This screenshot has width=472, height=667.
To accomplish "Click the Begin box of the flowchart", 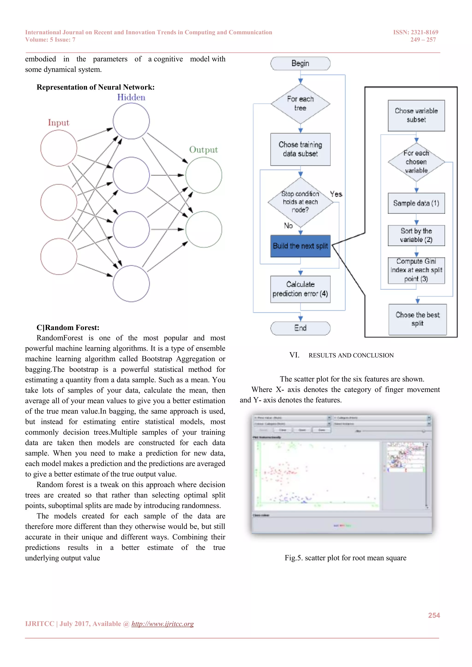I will [x=300, y=63].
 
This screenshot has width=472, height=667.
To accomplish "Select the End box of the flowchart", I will [x=300, y=328].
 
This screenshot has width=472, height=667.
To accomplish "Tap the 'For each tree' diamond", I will [x=300, y=104].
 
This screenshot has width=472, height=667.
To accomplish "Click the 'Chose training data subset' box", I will [x=300, y=149].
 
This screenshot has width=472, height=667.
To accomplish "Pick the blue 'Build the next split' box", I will [x=300, y=246].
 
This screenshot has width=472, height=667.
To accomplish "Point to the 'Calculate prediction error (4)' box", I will [x=300, y=289].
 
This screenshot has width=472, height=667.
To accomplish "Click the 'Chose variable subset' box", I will [x=416, y=115].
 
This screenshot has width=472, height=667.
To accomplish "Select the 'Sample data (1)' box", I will [x=416, y=203].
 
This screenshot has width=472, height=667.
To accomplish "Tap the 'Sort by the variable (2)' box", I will [x=416, y=235].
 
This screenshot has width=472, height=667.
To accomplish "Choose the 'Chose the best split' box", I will [x=417, y=319].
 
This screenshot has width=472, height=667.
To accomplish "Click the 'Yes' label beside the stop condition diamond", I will [x=336, y=194].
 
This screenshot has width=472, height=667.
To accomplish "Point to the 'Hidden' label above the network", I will [x=131, y=97].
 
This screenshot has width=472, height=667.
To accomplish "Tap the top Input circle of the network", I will [x=59, y=148].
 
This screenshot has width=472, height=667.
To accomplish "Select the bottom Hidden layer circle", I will [x=131, y=283].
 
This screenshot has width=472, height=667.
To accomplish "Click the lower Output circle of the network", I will [x=204, y=229].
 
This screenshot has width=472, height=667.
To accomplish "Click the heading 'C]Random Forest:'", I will [x=68, y=328].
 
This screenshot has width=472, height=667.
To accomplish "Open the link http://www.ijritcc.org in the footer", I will [x=162, y=624].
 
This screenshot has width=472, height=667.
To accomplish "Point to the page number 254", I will [x=434, y=615].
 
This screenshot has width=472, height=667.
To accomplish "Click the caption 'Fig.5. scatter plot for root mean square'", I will [x=345, y=558].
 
